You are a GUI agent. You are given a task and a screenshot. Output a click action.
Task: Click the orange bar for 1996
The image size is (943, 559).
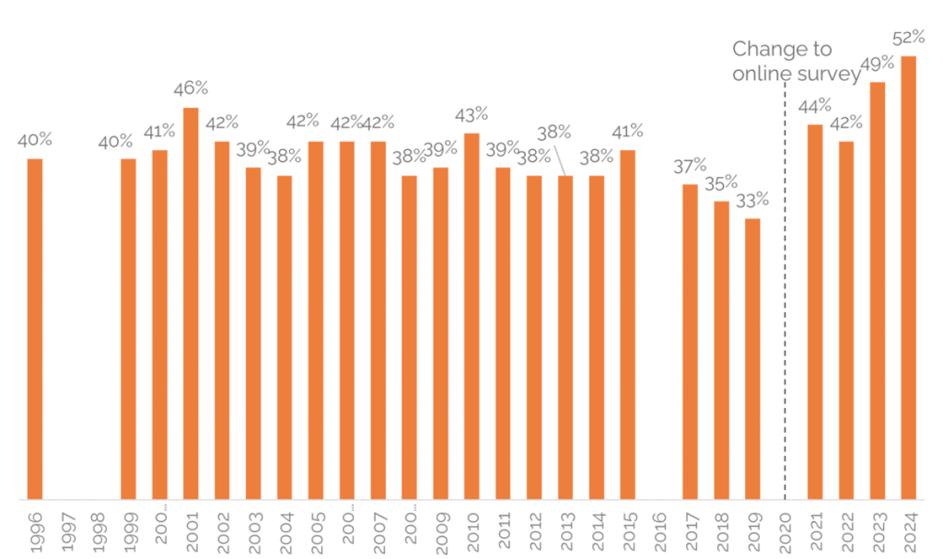35,329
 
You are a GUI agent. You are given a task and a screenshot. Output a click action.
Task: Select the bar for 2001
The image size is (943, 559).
191,304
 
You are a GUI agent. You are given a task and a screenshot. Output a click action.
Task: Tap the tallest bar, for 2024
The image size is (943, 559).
909,277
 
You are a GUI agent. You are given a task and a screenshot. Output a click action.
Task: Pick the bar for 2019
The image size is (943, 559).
753,359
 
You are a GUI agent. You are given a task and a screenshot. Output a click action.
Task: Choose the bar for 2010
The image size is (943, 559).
471,316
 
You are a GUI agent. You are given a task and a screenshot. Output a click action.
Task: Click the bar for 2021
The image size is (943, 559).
815,311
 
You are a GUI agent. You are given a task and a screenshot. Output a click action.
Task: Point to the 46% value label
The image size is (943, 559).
192,88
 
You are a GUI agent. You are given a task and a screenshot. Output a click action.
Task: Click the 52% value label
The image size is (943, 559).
909,38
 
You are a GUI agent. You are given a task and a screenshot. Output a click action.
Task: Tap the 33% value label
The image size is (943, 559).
753,200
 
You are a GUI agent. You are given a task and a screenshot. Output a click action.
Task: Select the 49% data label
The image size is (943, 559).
878,64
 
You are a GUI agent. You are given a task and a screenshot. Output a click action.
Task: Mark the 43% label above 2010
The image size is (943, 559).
471,114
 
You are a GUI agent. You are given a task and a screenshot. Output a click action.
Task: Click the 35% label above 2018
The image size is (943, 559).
722,182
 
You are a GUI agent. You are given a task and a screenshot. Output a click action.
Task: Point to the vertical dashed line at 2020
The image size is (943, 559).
785,295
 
